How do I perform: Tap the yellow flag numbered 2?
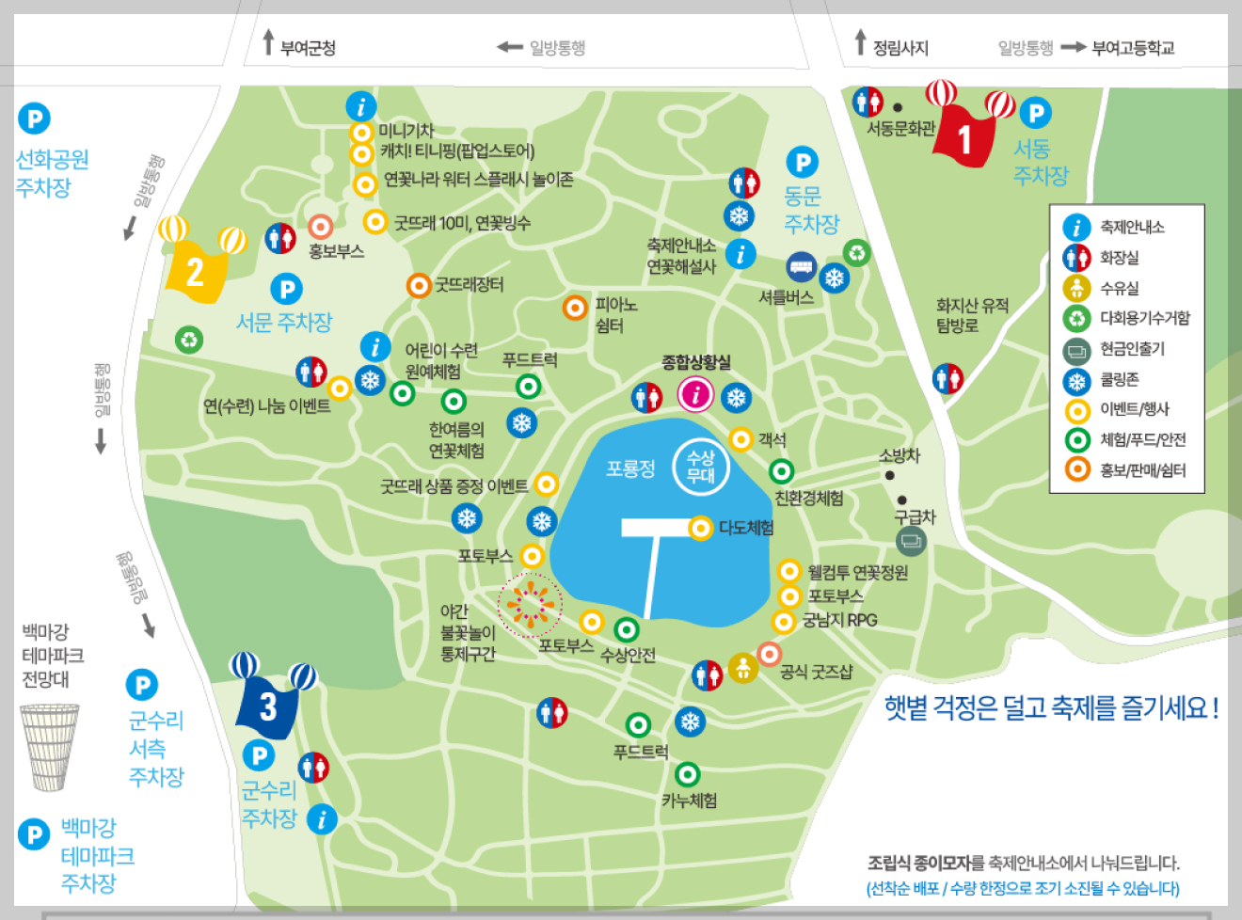click(x=195, y=272)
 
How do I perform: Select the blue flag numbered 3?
click(x=268, y=705)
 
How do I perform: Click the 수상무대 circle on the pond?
click(x=701, y=467)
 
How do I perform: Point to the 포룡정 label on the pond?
click(x=629, y=468)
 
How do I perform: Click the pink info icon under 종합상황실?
click(x=695, y=394)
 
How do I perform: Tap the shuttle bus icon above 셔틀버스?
click(x=801, y=267)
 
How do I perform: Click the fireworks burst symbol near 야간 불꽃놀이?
click(x=530, y=605)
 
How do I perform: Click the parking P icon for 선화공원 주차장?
click(x=34, y=119)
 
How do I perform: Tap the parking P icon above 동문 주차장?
click(x=802, y=163)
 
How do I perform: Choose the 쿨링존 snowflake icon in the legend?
click(x=1076, y=381)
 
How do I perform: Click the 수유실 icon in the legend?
click(x=1076, y=289)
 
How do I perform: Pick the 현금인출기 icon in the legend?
click(x=1076, y=350)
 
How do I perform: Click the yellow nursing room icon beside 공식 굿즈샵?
click(x=743, y=668)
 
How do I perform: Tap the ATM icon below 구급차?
click(x=911, y=541)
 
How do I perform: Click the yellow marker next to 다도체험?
click(x=700, y=528)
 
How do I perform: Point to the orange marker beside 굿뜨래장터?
click(x=419, y=284)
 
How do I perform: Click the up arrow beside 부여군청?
click(x=268, y=41)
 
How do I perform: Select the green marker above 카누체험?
click(x=688, y=774)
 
